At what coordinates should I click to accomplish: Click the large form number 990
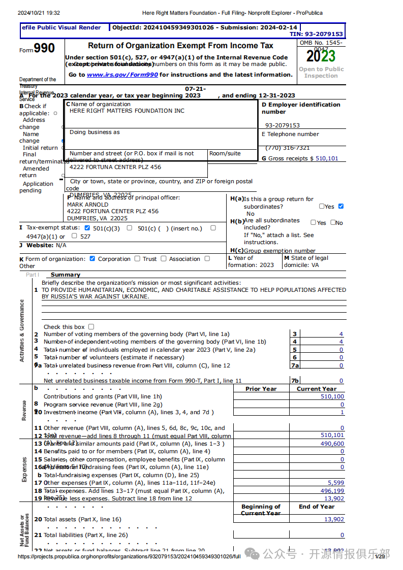pos(44,49)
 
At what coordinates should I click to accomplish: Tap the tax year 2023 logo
pos(321,55)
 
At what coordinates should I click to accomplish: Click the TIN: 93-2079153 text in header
pos(316,34)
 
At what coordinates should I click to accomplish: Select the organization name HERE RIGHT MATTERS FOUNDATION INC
pos(127,111)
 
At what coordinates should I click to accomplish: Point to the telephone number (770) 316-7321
pos(288,148)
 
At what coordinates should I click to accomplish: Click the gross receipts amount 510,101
pos(327,158)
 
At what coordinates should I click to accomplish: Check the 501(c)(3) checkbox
pos(87,228)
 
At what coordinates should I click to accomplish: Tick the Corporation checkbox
pos(92,258)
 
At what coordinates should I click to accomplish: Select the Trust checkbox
pos(137,258)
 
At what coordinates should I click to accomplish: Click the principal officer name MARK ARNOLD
pos(87,205)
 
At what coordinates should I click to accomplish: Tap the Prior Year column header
pos(261,389)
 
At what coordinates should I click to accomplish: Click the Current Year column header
pos(317,389)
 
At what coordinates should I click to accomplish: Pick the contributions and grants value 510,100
pos(332,397)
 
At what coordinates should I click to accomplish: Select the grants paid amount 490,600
pos(332,444)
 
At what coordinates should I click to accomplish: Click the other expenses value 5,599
pos(336,483)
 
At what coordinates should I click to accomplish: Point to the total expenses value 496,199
pos(332,491)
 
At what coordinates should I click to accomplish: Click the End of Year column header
pos(317,507)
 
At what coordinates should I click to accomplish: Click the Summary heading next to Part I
pos(66,275)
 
